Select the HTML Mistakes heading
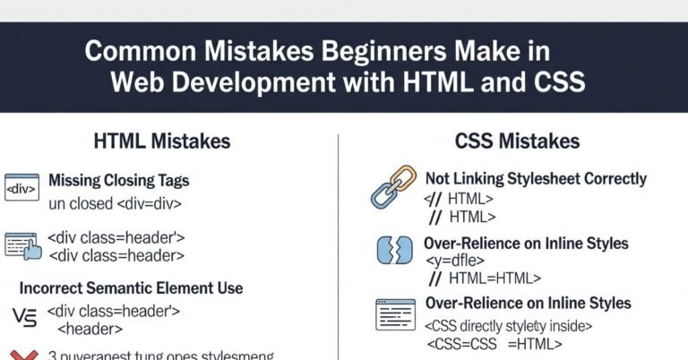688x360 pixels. tap(161, 141)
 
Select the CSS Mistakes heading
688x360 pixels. tap(517, 141)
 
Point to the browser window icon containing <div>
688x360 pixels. tap(21, 188)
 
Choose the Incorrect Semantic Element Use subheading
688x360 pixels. tap(131, 288)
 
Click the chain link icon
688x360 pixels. tap(393, 187)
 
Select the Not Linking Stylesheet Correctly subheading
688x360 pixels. tap(536, 179)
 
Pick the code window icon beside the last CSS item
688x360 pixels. tap(393, 315)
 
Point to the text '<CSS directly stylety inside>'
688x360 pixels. tap(509, 326)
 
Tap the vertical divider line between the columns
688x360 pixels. tap(339, 242)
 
